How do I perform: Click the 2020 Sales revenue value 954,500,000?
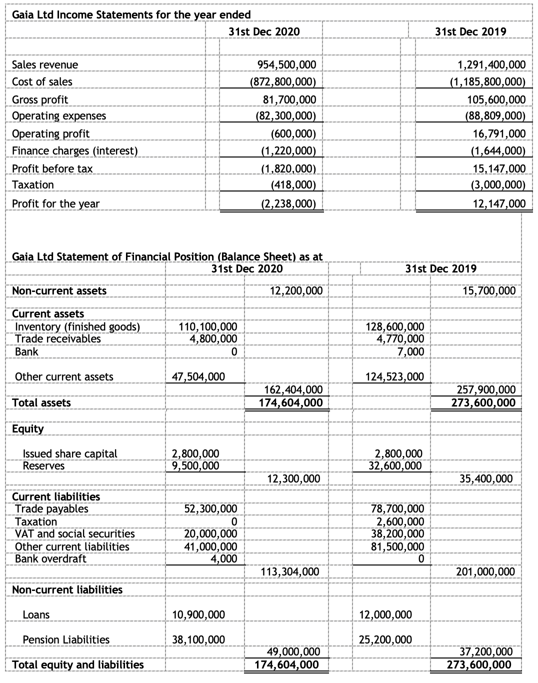coord(286,64)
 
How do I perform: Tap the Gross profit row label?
coord(40,99)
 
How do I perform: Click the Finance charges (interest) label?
coord(74,150)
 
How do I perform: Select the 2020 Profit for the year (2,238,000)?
coord(288,203)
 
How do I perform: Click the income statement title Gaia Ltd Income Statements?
coord(131,14)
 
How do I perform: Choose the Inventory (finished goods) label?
coord(77,326)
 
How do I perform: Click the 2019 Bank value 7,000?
coord(411,351)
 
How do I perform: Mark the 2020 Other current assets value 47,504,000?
coord(198,376)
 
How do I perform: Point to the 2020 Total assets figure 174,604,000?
coord(288,402)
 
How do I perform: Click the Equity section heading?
coord(28,428)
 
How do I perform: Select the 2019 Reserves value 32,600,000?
coord(395,465)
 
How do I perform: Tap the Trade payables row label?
coord(51,508)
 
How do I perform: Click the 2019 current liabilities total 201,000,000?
coord(485,571)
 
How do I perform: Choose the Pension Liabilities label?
coord(66,639)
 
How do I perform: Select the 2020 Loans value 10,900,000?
coord(198,614)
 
